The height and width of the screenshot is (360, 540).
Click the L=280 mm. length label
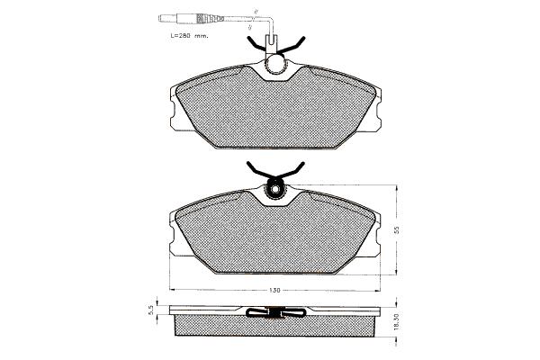click(x=189, y=35)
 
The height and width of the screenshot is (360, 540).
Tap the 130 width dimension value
click(x=274, y=291)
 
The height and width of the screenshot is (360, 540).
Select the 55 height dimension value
click(x=396, y=229)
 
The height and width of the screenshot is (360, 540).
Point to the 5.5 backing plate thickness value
click(x=150, y=311)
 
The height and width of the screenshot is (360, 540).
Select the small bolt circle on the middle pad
click(x=274, y=190)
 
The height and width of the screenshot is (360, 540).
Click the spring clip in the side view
click(x=276, y=312)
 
